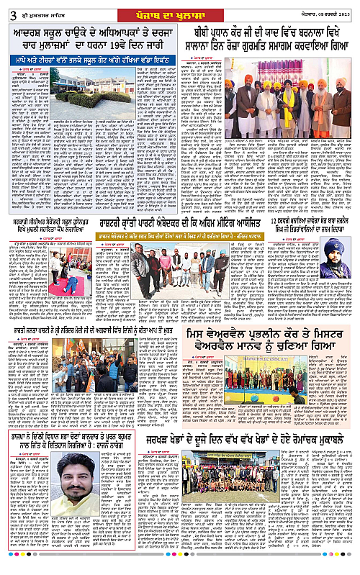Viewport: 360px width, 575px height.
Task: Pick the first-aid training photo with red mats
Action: (x=68, y=269)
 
